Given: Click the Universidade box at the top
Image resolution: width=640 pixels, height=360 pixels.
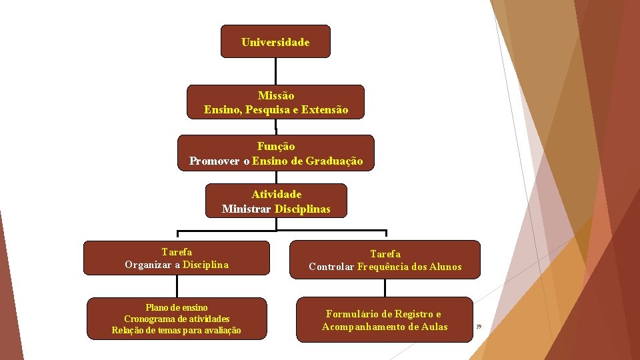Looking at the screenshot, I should tap(275, 42).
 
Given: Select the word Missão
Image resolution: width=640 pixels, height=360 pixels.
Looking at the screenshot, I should tap(275, 95).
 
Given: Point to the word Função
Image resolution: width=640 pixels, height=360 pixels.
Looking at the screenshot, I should tap(276, 146).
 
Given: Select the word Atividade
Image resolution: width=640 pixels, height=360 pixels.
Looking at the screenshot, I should tap(276, 194).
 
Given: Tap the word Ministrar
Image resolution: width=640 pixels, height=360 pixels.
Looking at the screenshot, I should tap(246, 209).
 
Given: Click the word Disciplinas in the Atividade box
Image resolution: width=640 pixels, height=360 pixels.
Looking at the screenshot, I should tap(302, 209).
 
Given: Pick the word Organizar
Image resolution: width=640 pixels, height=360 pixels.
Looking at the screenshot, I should tap(149, 265).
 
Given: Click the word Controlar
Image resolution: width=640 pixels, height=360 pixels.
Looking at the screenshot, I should tap(331, 267).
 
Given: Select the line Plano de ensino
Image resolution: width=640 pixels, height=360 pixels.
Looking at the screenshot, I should tap(177, 307).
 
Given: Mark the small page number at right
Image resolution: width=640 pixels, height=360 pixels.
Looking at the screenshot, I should tap(479, 326).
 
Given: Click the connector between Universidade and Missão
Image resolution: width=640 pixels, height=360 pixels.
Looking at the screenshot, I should tap(275, 71).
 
